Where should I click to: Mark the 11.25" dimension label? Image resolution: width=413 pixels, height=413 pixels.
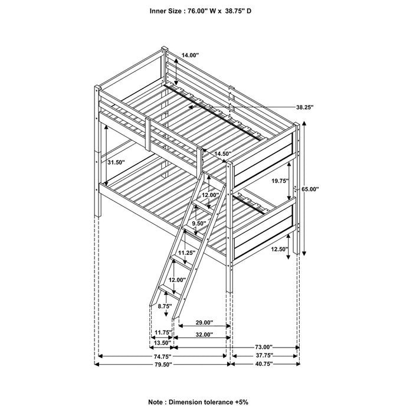coord(187,253)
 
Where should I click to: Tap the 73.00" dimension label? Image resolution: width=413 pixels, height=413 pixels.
coord(264,346)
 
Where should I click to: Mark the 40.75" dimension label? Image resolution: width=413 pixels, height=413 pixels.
coord(264,365)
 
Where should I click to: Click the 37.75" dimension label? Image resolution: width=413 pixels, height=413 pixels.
coord(264,356)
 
